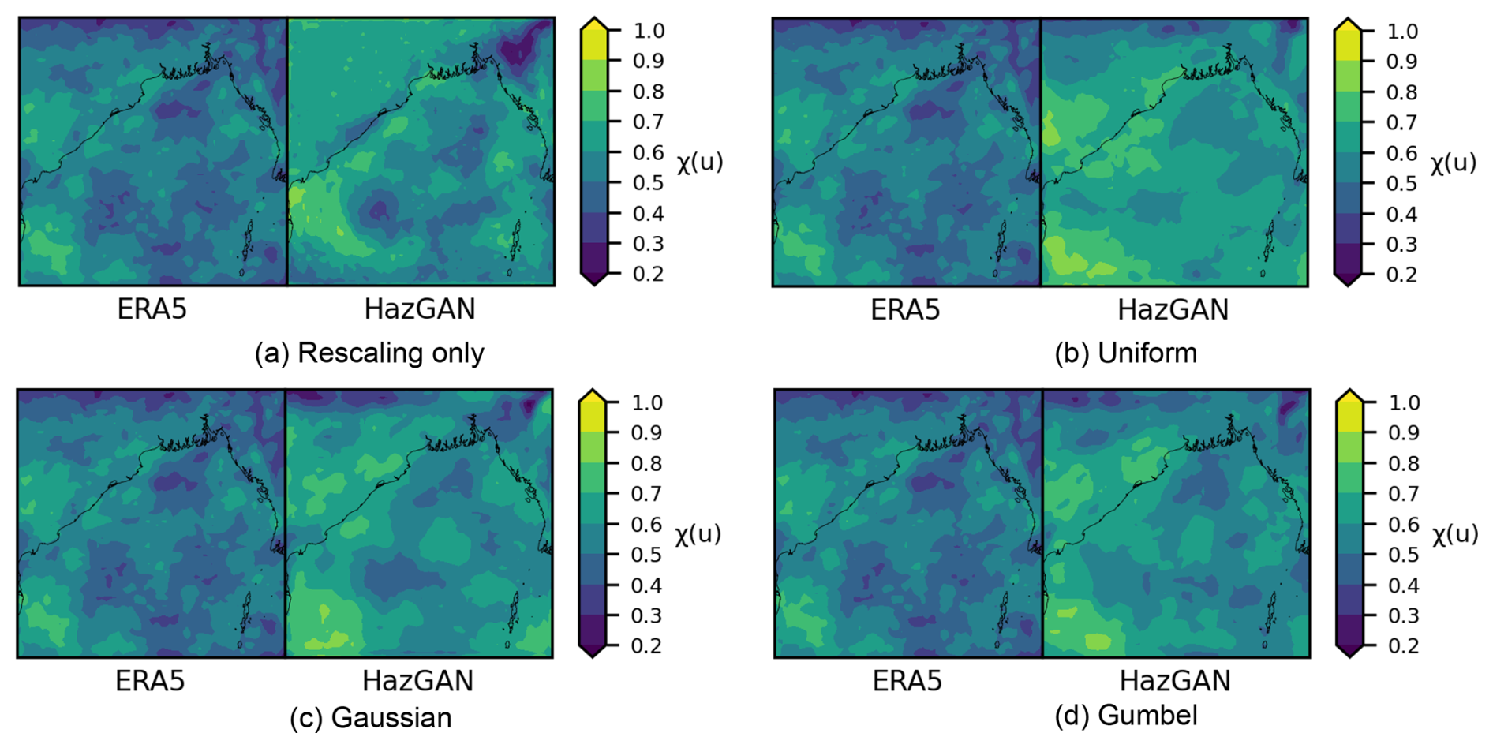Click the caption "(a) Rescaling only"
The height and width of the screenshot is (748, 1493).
tap(369, 353)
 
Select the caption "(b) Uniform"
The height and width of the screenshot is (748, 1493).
tap(1125, 353)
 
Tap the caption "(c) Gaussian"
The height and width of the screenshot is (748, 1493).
tap(370, 718)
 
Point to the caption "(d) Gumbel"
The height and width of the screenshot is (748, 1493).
tap(1125, 716)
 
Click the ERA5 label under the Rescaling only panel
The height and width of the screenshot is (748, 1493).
tap(152, 309)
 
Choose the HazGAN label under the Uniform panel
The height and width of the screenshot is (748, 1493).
tap(1173, 310)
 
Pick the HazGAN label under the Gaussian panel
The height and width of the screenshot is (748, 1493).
tap(417, 681)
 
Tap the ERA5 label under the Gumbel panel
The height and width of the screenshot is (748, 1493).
tap(907, 681)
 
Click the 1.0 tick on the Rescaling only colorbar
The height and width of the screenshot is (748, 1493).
tap(649, 31)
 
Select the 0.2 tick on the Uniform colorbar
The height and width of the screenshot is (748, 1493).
tap(1402, 275)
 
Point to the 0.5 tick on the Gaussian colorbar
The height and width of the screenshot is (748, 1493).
tap(646, 555)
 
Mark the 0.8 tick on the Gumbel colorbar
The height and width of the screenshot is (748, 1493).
tap(1404, 463)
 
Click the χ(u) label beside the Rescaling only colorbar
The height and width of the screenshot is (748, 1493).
tap(699, 163)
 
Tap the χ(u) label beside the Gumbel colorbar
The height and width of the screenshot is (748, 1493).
tap(1455, 534)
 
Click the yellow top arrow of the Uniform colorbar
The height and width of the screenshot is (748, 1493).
tap(1348, 26)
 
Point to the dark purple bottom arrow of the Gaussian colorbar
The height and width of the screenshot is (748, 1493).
tap(593, 650)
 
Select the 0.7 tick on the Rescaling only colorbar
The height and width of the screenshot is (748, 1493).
tap(649, 122)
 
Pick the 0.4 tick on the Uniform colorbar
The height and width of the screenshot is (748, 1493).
tap(1402, 214)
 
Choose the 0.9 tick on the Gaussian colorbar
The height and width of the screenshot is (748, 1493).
tap(646, 432)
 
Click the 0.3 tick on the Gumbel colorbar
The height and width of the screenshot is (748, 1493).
tap(1404, 615)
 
